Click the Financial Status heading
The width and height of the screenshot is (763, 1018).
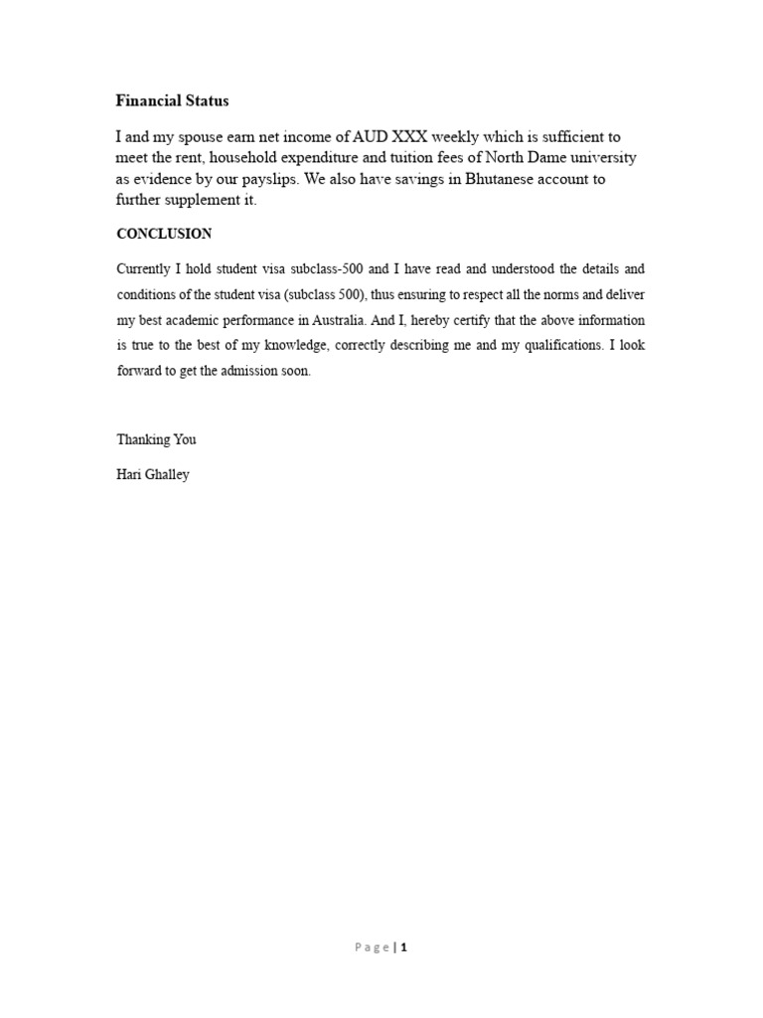coord(172,100)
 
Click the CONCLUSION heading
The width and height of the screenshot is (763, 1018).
coord(164,235)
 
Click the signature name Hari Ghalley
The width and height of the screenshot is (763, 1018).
coord(153,475)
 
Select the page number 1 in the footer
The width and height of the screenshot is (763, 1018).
coord(404,947)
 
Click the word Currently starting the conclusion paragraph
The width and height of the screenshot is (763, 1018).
coord(145,269)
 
